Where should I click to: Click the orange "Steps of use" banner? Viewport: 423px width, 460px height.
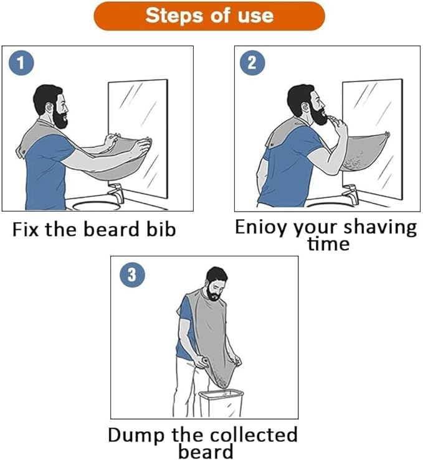click(x=209, y=16)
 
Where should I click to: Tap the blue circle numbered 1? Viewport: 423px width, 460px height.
click(x=21, y=63)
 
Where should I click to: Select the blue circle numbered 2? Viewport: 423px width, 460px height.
click(x=252, y=63)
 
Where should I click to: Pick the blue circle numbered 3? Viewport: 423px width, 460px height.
click(x=133, y=275)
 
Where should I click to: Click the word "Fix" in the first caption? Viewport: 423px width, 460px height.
click(x=26, y=230)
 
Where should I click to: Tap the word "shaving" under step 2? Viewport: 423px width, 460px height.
click(x=380, y=228)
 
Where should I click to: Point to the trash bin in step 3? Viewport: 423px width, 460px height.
click(x=221, y=403)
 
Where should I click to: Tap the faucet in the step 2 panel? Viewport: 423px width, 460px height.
click(x=351, y=194)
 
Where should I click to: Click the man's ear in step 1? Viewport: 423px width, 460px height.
click(x=49, y=108)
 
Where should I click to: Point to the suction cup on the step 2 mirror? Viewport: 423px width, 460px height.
click(x=387, y=134)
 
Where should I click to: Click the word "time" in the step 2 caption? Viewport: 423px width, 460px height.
click(x=328, y=244)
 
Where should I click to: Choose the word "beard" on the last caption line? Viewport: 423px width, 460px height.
click(x=206, y=451)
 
